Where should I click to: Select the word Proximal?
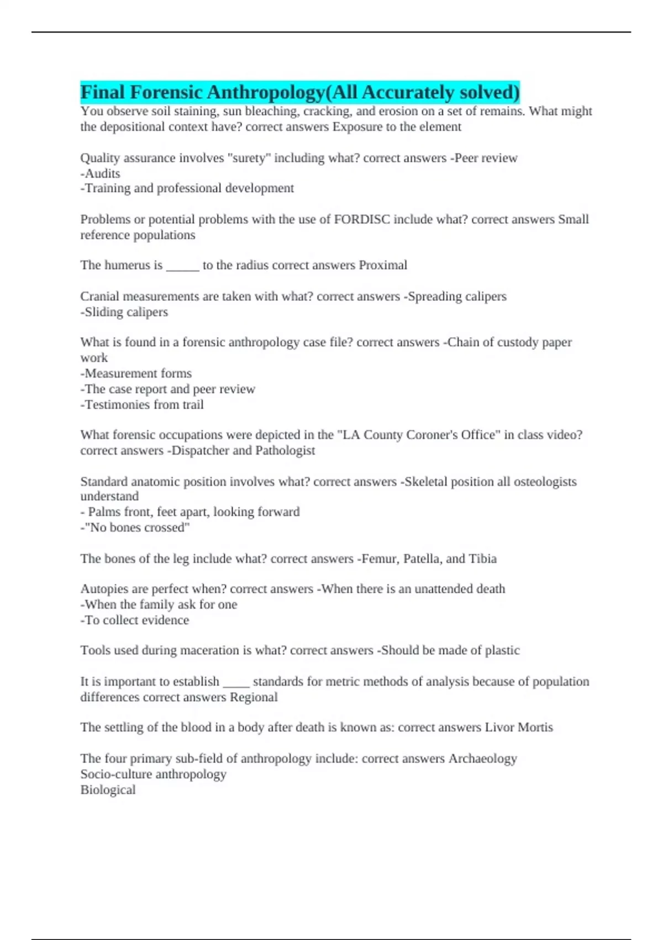383,265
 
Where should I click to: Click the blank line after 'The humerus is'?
182,267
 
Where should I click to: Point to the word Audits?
102,174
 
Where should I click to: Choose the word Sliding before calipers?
104,312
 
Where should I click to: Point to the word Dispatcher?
200,451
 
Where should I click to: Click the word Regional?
254,697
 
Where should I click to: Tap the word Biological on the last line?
108,790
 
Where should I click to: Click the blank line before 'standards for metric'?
236,683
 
